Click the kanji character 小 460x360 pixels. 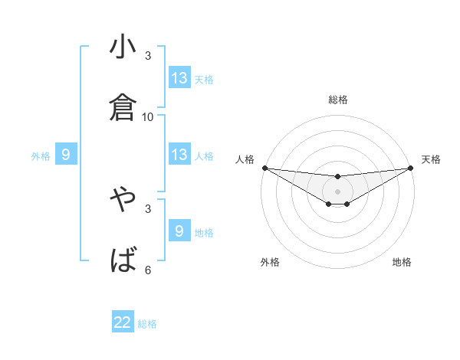tap(123, 47)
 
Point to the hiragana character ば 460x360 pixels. tap(123, 260)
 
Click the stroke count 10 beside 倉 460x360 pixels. tap(148, 117)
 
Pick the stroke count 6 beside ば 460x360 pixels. tap(148, 270)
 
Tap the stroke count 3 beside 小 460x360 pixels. tap(148, 56)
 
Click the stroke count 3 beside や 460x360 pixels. tap(148, 208)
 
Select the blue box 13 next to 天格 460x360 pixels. tap(179, 78)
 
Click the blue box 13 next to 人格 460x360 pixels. tap(179, 155)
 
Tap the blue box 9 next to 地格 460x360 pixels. tap(179, 231)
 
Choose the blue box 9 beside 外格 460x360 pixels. tap(66, 155)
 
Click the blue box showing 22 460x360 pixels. tap(123, 322)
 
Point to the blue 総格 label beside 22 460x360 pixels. tap(147, 324)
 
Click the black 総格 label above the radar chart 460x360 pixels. tap(338, 100)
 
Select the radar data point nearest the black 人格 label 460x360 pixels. tap(264, 168)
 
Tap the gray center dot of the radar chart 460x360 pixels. tap(338, 191)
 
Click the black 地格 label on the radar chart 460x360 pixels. tap(402, 262)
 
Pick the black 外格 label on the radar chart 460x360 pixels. tap(270, 262)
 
